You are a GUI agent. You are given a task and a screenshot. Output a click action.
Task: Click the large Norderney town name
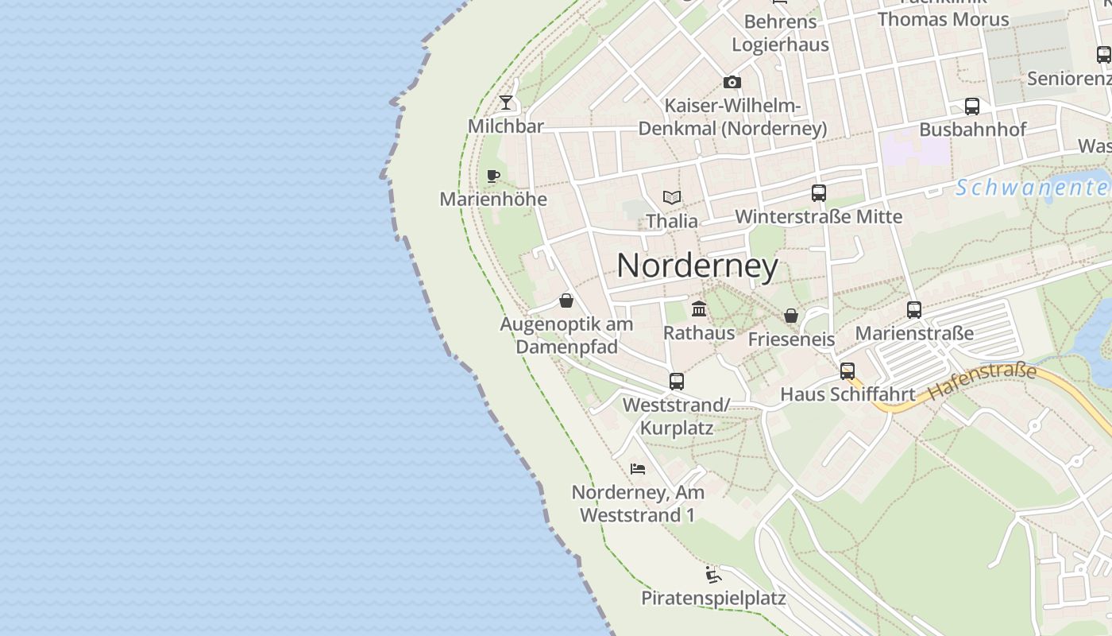tap(697, 266)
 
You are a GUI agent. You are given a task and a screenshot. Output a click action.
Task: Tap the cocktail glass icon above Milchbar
tap(505, 103)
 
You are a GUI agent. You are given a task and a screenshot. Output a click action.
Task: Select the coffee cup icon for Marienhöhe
tap(493, 176)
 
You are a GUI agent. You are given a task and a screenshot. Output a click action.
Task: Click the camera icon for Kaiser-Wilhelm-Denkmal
tap(732, 82)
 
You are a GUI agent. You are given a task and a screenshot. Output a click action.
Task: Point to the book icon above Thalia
tap(672, 197)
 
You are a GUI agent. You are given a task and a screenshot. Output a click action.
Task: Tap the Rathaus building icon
tap(699, 308)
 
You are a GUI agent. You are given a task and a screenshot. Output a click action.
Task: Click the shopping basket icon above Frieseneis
tap(791, 316)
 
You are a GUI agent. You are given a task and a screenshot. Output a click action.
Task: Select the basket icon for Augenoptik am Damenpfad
tap(566, 301)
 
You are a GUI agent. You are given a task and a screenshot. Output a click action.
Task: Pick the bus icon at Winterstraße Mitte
tap(819, 192)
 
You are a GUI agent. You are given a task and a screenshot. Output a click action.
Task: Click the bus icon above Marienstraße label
tap(914, 309)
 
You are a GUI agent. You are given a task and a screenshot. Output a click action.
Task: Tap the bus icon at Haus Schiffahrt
tap(848, 370)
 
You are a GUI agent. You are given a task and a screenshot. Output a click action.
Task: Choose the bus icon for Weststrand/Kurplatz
tap(676, 382)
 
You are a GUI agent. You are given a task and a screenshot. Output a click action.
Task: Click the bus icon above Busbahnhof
tap(972, 106)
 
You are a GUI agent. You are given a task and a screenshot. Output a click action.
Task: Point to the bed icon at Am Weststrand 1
tap(638, 469)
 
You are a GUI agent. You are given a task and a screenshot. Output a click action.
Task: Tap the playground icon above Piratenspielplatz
tap(713, 574)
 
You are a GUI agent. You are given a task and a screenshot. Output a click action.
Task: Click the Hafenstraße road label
tap(983, 382)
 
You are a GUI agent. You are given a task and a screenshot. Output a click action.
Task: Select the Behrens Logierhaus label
tap(780, 33)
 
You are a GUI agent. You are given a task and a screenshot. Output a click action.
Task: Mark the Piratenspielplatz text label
tap(713, 599)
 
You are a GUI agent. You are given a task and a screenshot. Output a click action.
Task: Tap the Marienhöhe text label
tap(493, 199)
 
